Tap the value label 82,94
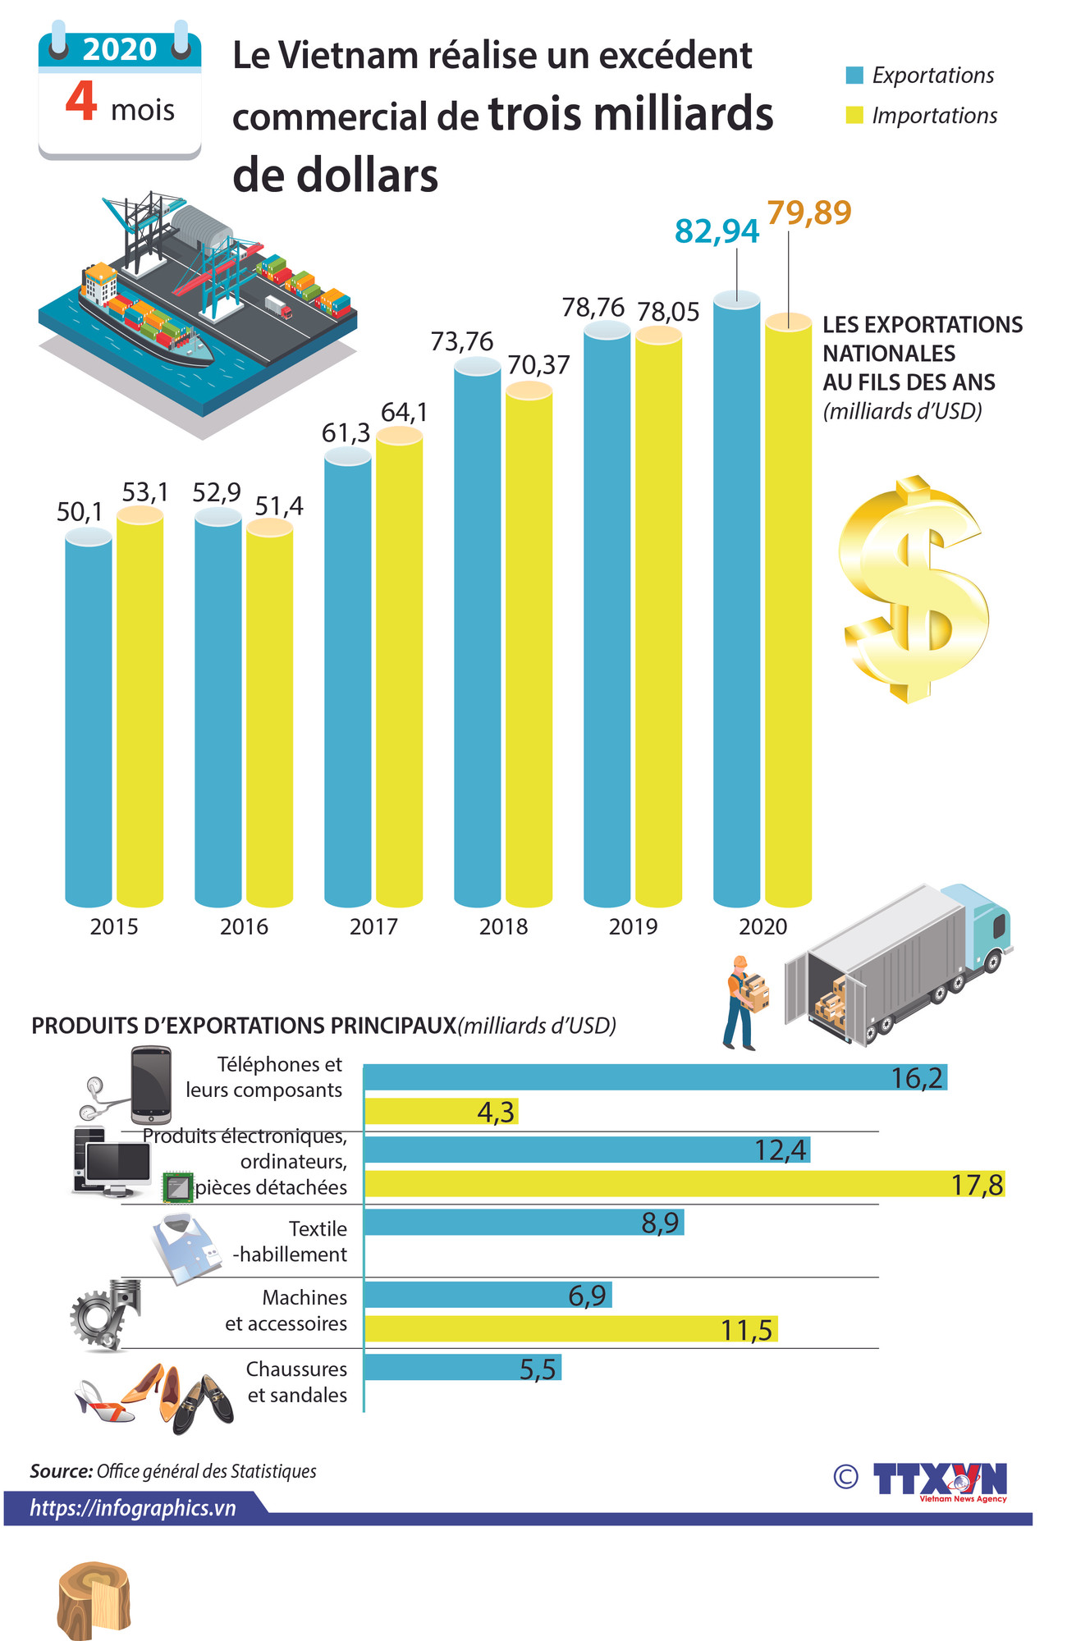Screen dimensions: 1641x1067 (717, 231)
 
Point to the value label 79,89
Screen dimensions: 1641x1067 (809, 213)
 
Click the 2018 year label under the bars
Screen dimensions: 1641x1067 (503, 926)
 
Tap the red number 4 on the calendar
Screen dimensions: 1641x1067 (82, 102)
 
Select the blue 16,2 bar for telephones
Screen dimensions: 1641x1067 (654, 1077)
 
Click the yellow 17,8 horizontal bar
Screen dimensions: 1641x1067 (684, 1184)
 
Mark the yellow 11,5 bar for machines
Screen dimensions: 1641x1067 (570, 1329)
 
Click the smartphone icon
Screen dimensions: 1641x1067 (151, 1084)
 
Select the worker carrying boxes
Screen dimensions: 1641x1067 (744, 1002)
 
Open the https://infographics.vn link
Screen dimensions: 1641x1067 (133, 1508)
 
